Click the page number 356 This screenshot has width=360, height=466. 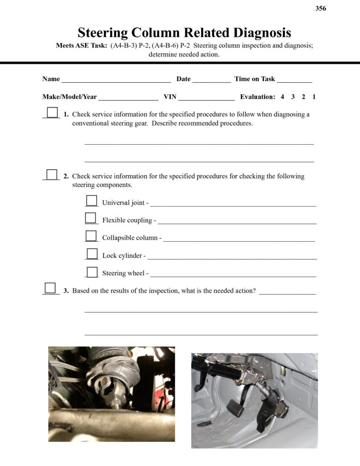321,8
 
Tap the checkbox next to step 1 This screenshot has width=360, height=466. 52,112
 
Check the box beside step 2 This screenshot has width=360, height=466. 52,174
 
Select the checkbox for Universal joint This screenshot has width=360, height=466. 91,201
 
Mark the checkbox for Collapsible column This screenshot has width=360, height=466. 91,236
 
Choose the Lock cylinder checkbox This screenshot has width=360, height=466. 92,253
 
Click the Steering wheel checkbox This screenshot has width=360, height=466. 92,272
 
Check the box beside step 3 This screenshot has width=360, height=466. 50,288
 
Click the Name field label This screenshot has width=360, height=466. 51,79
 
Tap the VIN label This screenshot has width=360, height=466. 170,97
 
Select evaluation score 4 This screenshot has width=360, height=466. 282,97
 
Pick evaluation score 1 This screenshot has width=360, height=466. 314,97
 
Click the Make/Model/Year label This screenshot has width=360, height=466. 70,97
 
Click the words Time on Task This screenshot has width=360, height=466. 254,79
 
